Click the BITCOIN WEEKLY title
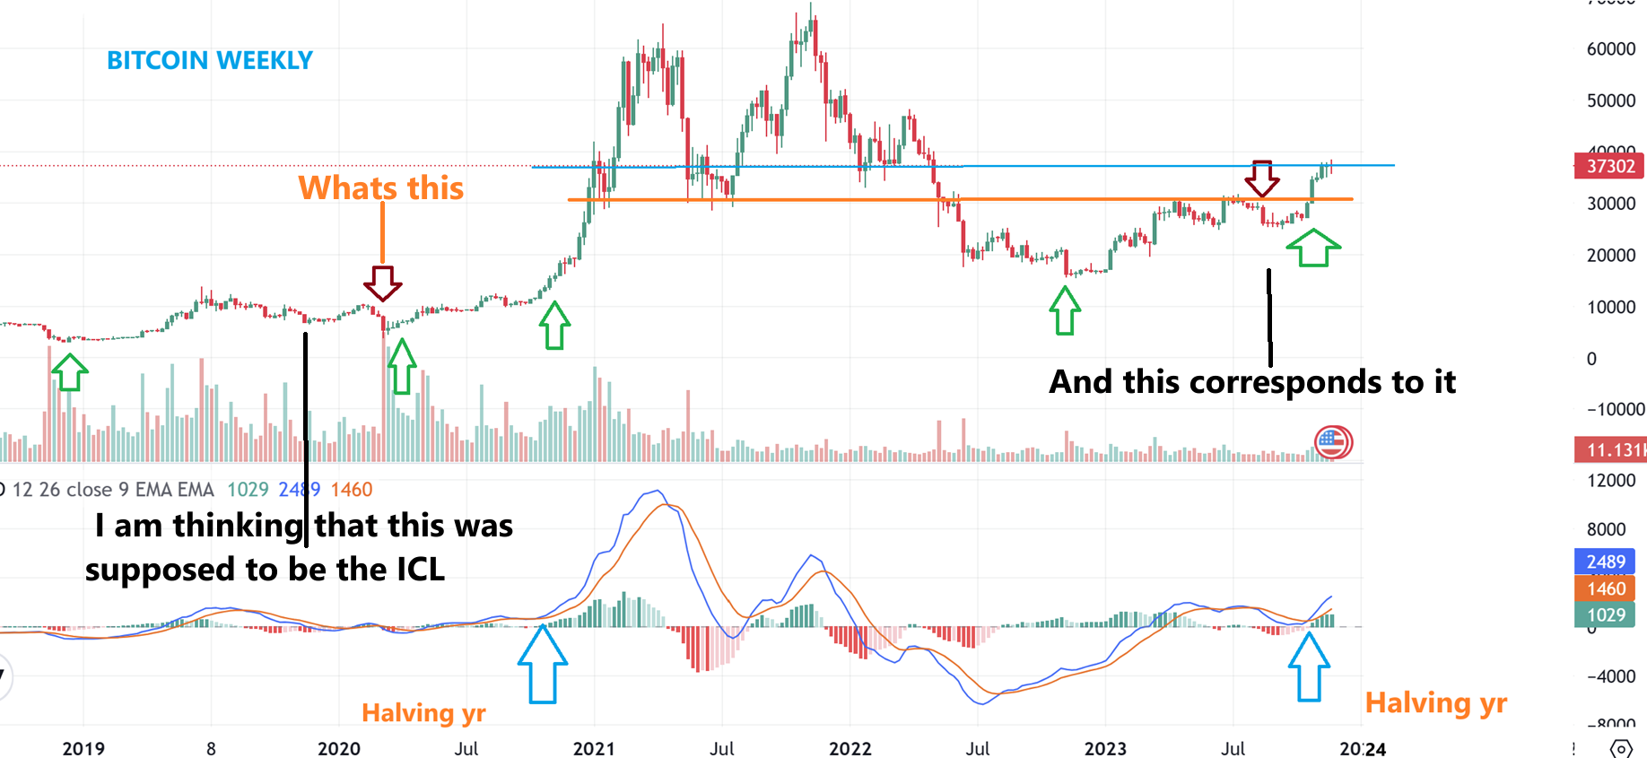click(210, 60)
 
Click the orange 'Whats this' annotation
click(381, 188)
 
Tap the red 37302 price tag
click(1609, 166)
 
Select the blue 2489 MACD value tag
click(1605, 562)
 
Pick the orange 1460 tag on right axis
click(1605, 588)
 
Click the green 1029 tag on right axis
click(1605, 614)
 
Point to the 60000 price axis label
click(1610, 49)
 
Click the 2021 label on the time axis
click(594, 748)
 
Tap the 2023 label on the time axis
click(1105, 748)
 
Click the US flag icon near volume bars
click(1333, 442)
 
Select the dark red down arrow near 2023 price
click(1262, 178)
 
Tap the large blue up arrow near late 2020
click(543, 664)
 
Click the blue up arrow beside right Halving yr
click(1309, 667)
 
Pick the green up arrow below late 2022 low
click(1065, 310)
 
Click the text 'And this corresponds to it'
click(1252, 382)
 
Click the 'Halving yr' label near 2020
click(423, 713)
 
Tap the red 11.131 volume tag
click(1610, 449)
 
